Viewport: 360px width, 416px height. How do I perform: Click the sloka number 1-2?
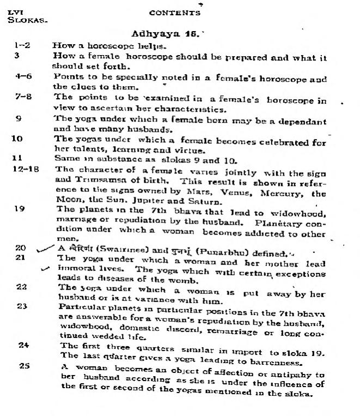(x=22, y=46)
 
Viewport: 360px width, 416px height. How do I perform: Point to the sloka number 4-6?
(x=23, y=76)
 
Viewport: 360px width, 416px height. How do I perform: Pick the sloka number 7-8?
(x=22, y=97)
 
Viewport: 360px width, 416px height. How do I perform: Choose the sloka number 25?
(x=25, y=366)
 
